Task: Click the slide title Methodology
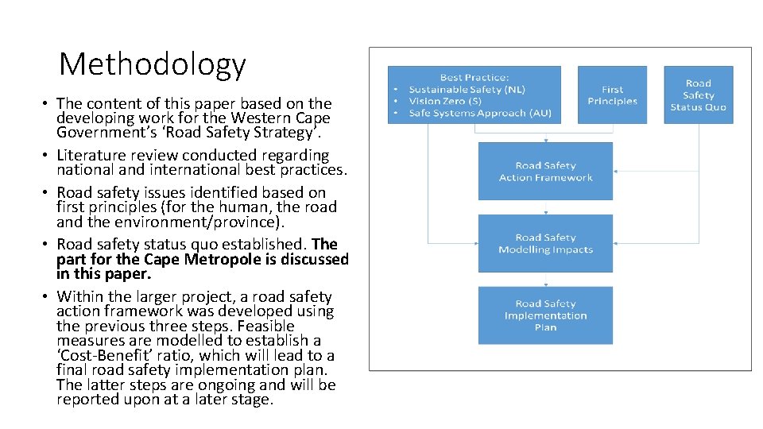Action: [153, 64]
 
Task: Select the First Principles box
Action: [612, 95]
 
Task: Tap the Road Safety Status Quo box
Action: [698, 95]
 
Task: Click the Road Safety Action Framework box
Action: [545, 172]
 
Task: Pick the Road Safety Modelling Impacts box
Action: [545, 243]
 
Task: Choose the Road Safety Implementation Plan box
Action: [545, 315]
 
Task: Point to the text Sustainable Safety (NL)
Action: [467, 90]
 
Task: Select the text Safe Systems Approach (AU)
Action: [479, 114]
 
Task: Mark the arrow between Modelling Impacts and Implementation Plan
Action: [545, 280]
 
